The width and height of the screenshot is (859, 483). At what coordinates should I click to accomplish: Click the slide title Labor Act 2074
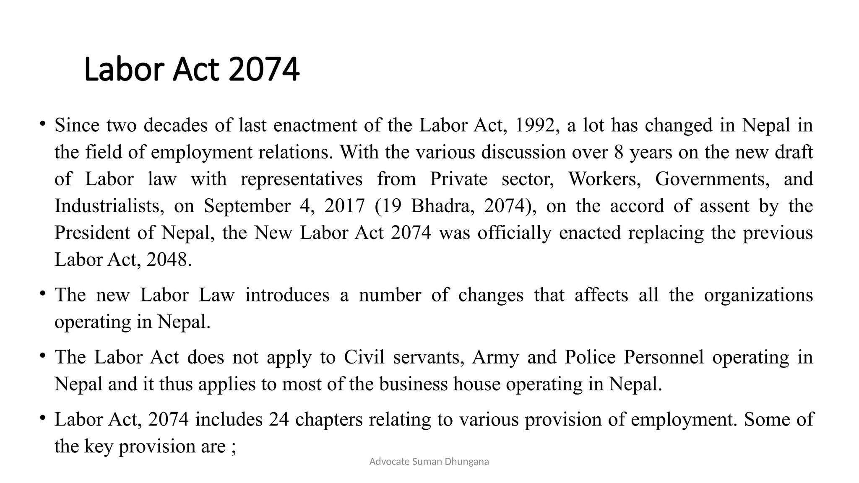click(192, 69)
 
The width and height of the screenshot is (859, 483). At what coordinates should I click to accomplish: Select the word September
click(247, 206)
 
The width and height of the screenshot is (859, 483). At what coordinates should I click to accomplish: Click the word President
click(92, 233)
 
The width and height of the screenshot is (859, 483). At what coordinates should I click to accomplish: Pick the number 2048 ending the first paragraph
click(169, 260)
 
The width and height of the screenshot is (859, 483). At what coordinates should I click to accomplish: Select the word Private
click(459, 179)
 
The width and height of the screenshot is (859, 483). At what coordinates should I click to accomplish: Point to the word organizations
click(758, 295)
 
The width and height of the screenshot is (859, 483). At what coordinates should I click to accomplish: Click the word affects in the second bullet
click(601, 295)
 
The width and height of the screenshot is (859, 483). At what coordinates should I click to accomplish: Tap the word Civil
click(364, 357)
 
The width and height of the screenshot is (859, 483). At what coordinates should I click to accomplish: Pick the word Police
click(590, 357)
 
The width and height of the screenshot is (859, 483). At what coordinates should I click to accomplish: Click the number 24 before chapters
click(279, 419)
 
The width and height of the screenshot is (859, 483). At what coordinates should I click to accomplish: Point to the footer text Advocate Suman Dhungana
click(429, 462)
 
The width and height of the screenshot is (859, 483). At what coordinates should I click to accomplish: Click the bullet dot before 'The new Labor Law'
click(42, 293)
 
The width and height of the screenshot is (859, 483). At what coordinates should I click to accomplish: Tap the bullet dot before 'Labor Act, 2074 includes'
click(42, 417)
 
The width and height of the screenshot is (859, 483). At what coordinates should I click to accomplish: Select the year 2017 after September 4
click(344, 206)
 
